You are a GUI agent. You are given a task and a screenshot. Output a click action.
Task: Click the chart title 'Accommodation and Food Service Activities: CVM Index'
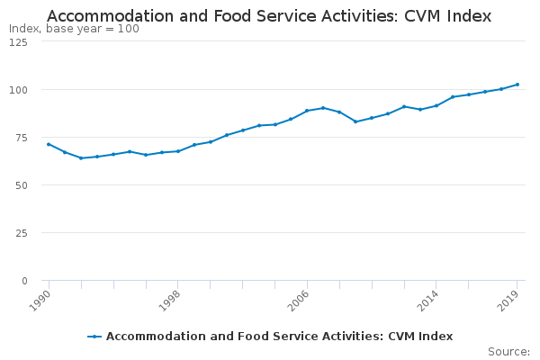coord(269,16)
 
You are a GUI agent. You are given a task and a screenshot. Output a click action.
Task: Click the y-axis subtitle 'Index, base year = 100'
coord(74,29)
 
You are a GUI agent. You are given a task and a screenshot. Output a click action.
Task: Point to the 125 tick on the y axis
coord(18,42)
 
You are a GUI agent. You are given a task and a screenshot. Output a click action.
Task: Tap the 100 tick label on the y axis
coord(18,90)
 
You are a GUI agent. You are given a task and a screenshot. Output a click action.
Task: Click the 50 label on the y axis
coord(21,185)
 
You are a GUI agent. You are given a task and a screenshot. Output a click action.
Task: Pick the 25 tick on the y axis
coord(21,233)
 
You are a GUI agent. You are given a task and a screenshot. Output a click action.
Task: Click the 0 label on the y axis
coord(23,281)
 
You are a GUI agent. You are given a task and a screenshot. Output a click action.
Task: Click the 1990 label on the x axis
coord(40,299)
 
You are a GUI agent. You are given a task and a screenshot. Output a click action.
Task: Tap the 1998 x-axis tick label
coord(169,299)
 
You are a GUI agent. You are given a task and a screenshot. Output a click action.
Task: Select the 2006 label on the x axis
coord(299,299)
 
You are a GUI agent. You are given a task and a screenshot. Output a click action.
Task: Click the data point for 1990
coord(49,144)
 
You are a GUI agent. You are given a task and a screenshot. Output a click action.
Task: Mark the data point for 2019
coord(517,85)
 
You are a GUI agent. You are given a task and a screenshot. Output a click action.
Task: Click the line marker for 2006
coord(307,111)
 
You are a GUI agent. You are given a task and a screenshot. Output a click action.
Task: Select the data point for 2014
coord(436,105)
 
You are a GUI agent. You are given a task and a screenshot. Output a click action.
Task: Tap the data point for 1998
coord(178,151)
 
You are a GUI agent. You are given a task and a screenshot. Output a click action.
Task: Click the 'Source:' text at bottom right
coord(508,351)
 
